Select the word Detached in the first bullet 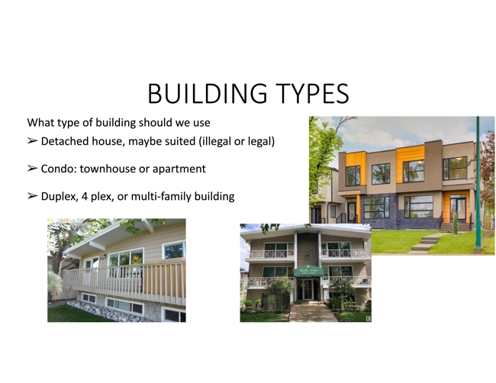tap(66, 142)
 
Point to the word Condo tap(57, 169)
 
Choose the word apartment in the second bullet tap(177, 169)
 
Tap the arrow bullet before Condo tap(32, 169)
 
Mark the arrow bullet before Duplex tap(32, 196)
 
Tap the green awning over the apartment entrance tap(309, 271)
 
